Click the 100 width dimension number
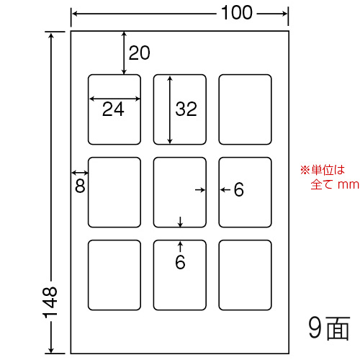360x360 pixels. tap(237, 13)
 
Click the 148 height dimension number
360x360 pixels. tap(50, 302)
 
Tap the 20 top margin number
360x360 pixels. tap(140, 53)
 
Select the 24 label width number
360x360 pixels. tap(113, 109)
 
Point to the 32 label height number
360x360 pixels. tap(186, 109)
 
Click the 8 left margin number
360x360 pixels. tap(80, 186)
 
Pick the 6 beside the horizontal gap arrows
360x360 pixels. tap(239, 189)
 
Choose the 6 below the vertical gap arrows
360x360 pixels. tap(180, 262)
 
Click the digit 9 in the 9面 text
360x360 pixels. tap(315, 328)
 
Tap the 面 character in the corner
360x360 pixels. tap(338, 328)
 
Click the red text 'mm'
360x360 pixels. tap(348, 185)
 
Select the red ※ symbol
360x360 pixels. tap(305, 170)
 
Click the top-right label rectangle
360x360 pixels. tap(245, 75)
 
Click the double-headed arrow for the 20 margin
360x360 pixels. tap(124, 53)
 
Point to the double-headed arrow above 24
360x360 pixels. tap(114, 99)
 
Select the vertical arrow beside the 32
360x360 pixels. tap(170, 109)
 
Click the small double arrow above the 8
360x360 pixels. tap(80, 172)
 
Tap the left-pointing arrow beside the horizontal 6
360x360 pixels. tap(225, 190)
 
